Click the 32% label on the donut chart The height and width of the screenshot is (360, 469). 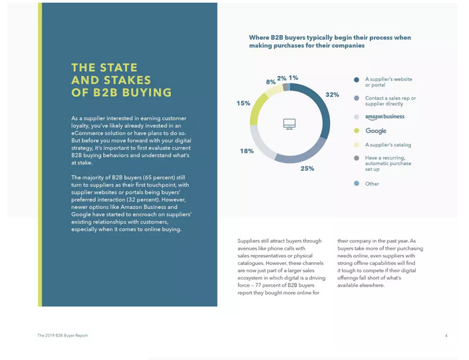click(x=332, y=95)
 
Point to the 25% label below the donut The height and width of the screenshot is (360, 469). click(x=307, y=168)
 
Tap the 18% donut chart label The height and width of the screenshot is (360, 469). click(x=246, y=151)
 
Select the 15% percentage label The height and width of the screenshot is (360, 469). click(x=243, y=103)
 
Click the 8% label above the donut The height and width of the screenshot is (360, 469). click(x=271, y=82)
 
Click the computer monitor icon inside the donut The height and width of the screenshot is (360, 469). click(x=289, y=124)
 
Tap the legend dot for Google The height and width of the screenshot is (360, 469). click(x=357, y=131)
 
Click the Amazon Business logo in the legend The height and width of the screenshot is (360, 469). click(x=385, y=117)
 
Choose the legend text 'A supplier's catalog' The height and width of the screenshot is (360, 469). click(x=388, y=145)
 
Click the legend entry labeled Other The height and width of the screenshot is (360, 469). click(x=372, y=184)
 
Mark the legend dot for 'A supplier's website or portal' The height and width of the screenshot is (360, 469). click(x=357, y=79)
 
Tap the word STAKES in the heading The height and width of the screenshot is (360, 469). click(x=128, y=80)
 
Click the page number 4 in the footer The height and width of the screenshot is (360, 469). click(x=446, y=335)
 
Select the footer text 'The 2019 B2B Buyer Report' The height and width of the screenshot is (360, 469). click(x=63, y=335)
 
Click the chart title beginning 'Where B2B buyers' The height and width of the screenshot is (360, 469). click(x=330, y=42)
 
